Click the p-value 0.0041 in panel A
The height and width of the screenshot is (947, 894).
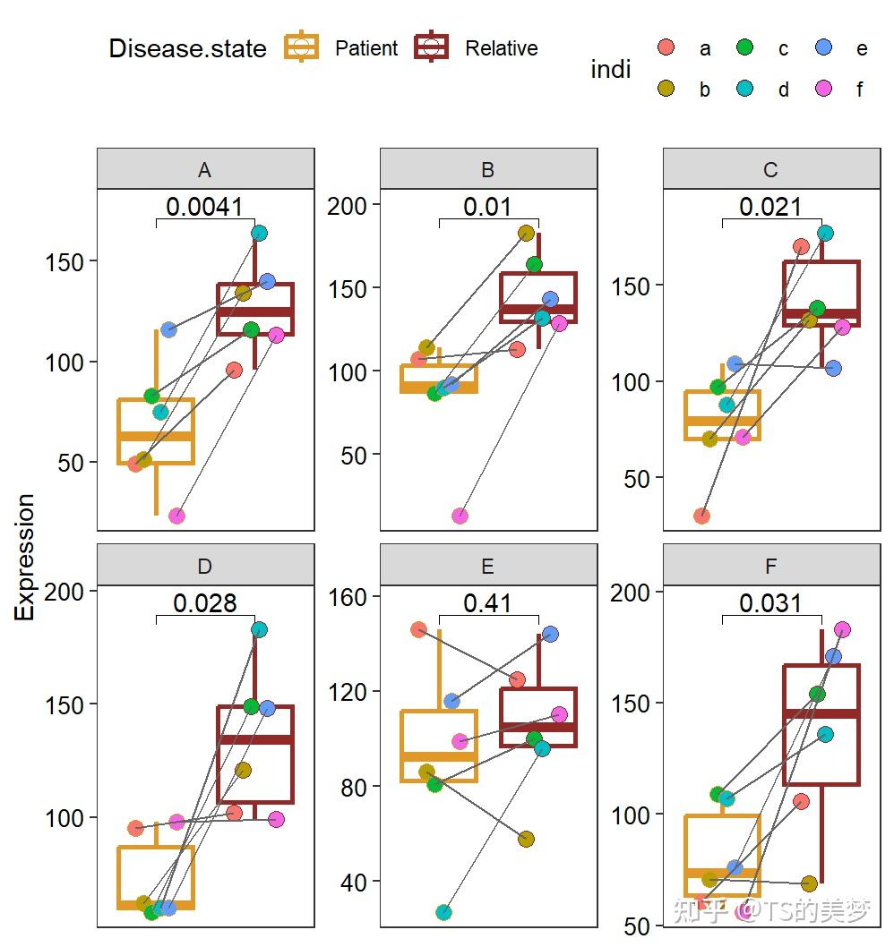point(204,207)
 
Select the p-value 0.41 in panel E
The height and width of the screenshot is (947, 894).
point(487,603)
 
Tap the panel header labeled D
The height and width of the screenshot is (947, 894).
point(205,567)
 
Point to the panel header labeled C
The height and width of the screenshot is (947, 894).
point(770,170)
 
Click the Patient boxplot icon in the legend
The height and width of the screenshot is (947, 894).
point(301,47)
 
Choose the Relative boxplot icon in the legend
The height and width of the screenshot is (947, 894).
point(431,47)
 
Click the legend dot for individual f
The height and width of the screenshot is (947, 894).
point(823,89)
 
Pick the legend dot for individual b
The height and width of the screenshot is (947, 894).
point(666,89)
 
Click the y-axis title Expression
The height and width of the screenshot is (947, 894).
point(25,557)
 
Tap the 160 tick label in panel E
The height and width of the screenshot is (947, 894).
point(356,596)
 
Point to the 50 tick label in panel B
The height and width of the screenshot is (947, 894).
point(356,455)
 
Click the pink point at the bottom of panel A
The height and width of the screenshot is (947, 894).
point(176,516)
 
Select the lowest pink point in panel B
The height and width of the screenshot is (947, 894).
point(460,516)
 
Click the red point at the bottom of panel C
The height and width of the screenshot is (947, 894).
point(701,516)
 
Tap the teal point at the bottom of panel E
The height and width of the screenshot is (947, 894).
point(443,912)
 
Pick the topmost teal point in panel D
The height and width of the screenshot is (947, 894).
point(259,629)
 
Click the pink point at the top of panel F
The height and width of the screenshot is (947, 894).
point(842,630)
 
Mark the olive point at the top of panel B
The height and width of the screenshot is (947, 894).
point(526,234)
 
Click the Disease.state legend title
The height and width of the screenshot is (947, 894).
point(187,48)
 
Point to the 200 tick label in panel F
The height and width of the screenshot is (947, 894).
point(639,592)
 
